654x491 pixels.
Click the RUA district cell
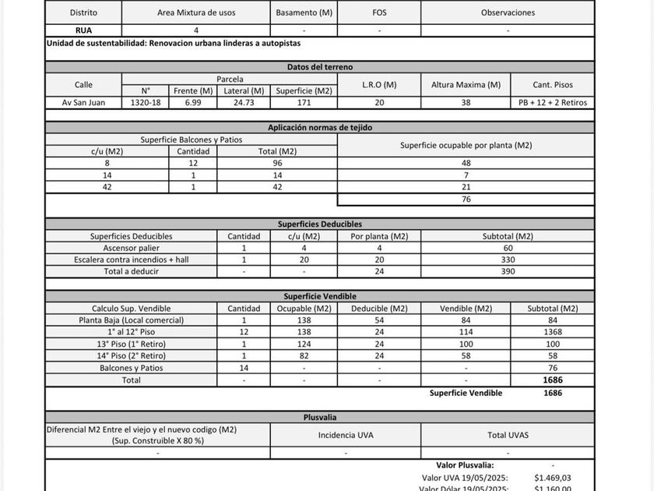point(83,30)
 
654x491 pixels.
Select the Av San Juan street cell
point(83,102)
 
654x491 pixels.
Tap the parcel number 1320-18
point(146,102)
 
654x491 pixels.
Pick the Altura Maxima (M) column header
point(466,84)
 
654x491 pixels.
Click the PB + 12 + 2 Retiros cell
point(552,102)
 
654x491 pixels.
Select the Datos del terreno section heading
point(319,67)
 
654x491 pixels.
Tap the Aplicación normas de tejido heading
point(319,127)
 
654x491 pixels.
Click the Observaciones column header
point(508,12)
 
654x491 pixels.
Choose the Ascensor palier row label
point(131,248)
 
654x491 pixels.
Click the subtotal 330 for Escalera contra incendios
point(508,260)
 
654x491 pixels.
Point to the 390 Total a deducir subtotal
point(508,271)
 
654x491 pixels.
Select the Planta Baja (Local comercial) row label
point(131,320)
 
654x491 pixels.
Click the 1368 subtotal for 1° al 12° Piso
point(552,332)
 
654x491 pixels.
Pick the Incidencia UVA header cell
point(346,435)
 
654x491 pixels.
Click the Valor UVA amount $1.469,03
point(552,477)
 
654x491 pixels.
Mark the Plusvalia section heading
point(319,417)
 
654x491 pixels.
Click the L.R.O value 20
point(379,102)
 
